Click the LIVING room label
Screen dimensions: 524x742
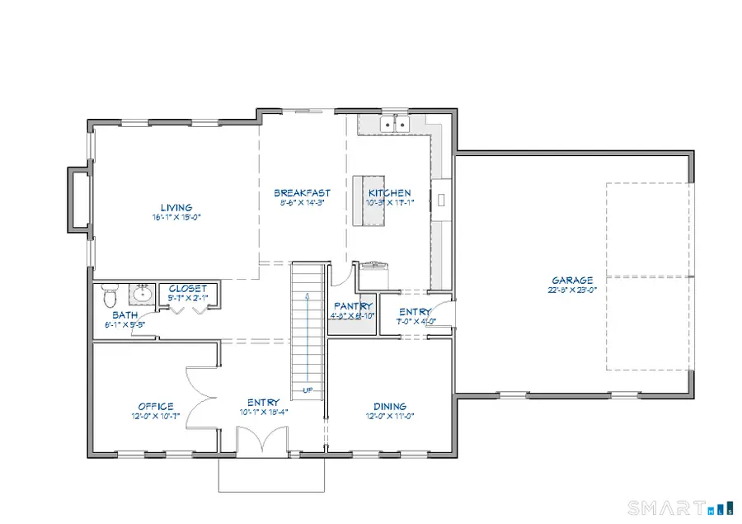[x=176, y=207]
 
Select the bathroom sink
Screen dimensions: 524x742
[x=143, y=292]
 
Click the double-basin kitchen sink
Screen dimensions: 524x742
[x=395, y=125]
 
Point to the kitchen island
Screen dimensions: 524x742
[x=369, y=200]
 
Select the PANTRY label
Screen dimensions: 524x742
[x=352, y=306]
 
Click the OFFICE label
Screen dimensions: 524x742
[x=155, y=406]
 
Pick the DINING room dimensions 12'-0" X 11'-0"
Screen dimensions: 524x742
[x=389, y=417]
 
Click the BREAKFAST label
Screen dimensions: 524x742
[x=302, y=193]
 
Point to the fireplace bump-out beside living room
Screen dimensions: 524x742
[x=79, y=197]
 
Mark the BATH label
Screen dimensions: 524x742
[x=125, y=315]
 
